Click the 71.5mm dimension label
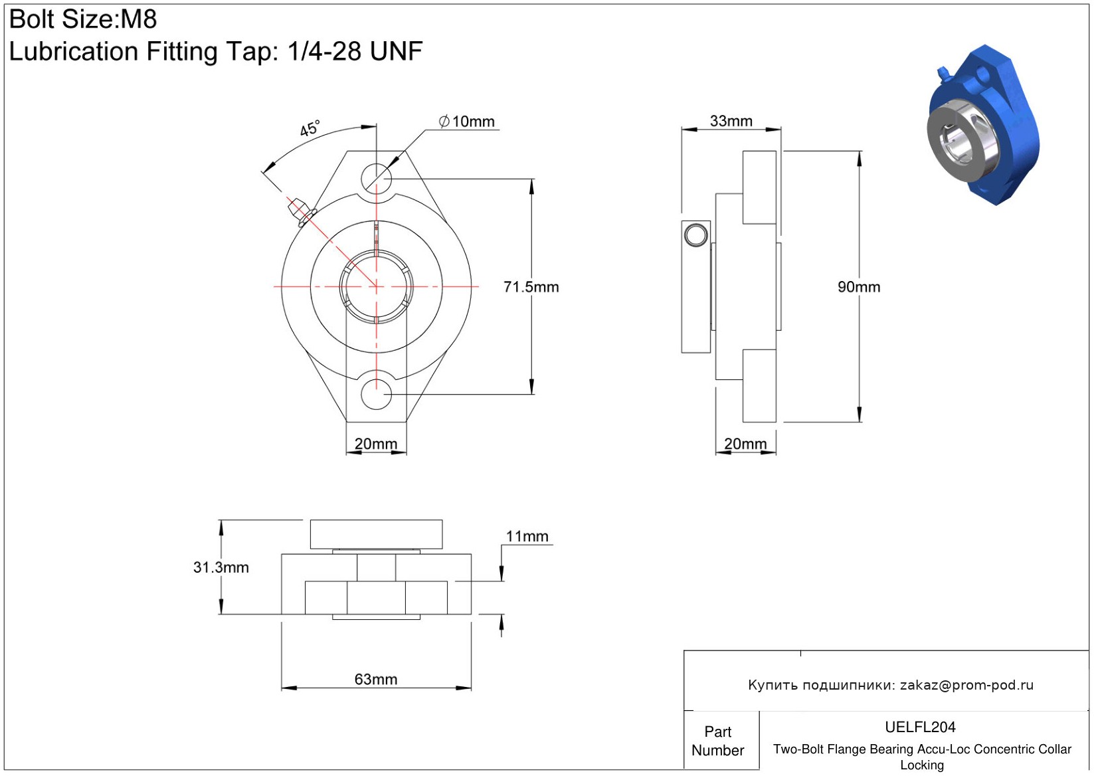coord(531,286)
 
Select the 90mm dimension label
coord(859,286)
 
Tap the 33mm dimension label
coord(731,121)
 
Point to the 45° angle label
coord(310,129)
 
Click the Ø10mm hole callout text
coord(466,121)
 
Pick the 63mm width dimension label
coord(375,679)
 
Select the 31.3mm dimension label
coord(221,567)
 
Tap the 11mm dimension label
coord(527,536)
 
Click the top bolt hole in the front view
coord(376,179)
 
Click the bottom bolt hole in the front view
coord(376,394)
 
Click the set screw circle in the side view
coord(695,235)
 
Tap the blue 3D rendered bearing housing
coord(982,125)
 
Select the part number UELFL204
coord(920,727)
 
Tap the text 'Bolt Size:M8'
coord(83,19)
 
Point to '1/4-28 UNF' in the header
coord(355,50)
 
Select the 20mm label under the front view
coord(375,443)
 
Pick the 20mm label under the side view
coord(745,443)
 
